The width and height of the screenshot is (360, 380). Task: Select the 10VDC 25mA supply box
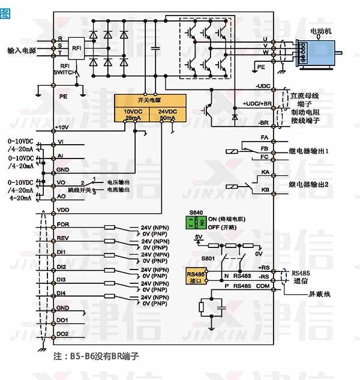coord(133,115)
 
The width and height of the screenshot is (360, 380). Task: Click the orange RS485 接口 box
coord(196,276)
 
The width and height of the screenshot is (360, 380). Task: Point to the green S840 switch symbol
coord(192,222)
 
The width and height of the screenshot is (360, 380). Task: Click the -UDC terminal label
coord(263,86)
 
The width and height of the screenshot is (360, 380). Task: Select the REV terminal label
coord(63,238)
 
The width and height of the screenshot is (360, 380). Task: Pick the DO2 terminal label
coord(62,333)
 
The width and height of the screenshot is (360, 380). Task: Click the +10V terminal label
coord(62,128)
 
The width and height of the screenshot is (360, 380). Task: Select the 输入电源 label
coord(22,50)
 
